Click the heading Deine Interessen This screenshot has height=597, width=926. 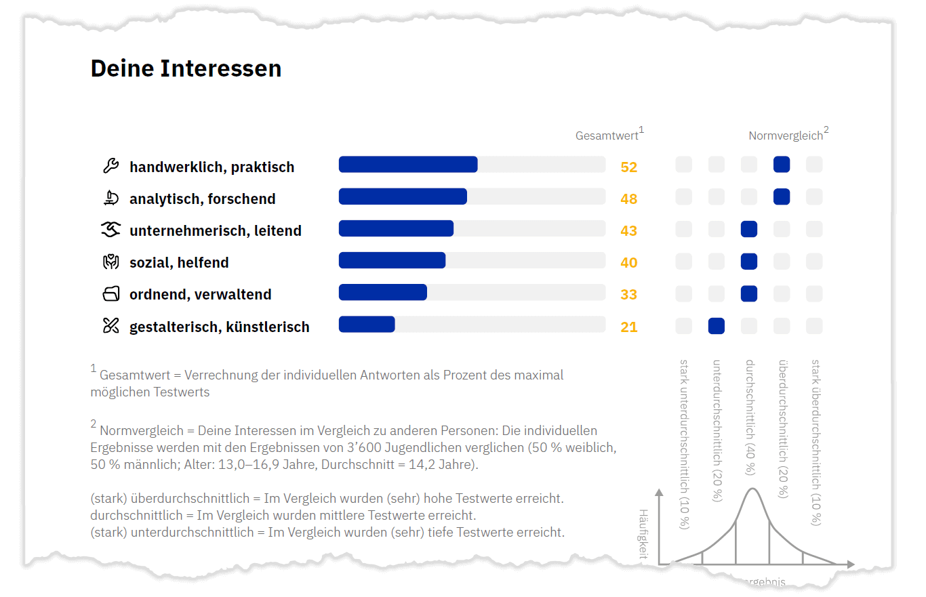[186, 68]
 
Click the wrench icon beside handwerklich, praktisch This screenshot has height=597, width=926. [110, 166]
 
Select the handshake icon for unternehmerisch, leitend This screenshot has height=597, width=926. [110, 230]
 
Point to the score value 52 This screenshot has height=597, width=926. [628, 167]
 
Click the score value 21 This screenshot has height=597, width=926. [628, 327]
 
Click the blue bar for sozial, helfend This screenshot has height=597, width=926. [392, 261]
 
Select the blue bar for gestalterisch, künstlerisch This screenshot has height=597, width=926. [367, 325]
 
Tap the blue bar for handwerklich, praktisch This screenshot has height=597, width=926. [408, 165]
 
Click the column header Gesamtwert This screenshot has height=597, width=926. [607, 136]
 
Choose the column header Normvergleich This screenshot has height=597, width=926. [785, 136]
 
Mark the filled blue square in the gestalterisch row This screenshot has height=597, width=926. [716, 326]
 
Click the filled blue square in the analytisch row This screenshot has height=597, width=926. [782, 197]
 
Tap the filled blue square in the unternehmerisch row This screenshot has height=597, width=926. [749, 229]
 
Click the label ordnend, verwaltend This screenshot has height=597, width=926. [200, 295]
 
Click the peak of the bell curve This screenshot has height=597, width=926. [752, 489]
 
